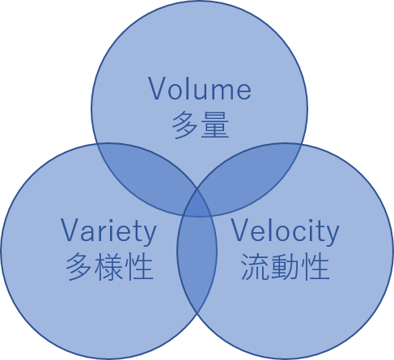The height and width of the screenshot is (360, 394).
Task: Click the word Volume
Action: (x=200, y=88)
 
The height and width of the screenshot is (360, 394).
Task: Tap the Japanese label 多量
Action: (x=201, y=125)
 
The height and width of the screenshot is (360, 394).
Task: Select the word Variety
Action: (x=108, y=231)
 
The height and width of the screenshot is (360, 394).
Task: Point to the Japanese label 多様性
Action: (x=109, y=266)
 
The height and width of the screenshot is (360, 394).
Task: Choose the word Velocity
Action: (x=285, y=231)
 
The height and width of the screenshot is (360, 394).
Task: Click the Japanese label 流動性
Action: (x=285, y=266)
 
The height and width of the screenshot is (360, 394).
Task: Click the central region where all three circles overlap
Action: (x=197, y=205)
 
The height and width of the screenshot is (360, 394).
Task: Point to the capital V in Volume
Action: (x=158, y=88)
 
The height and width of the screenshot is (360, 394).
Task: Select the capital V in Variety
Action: (x=70, y=230)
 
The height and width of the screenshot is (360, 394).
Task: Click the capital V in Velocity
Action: (x=242, y=230)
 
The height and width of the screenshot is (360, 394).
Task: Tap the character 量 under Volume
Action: (x=215, y=125)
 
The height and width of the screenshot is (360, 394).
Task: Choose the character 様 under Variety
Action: (x=109, y=266)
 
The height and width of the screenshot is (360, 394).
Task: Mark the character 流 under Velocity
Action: (x=255, y=266)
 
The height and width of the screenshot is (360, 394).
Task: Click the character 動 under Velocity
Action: (x=285, y=266)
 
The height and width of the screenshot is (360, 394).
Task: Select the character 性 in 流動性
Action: (x=316, y=266)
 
